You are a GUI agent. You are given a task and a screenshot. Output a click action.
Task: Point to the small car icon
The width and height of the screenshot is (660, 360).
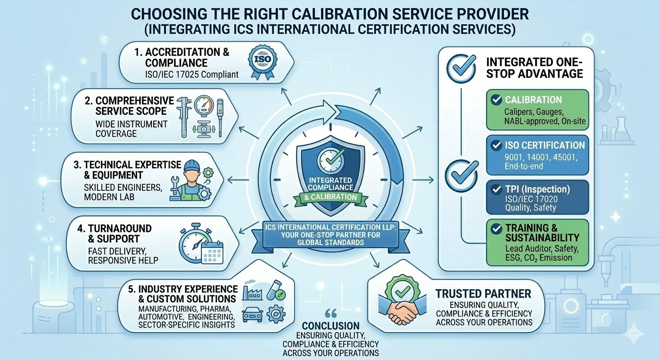254,315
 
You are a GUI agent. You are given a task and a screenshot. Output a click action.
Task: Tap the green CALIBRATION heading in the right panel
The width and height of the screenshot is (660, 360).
533,100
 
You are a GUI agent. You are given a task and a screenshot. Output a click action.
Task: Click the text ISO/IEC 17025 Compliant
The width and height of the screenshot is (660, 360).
192,74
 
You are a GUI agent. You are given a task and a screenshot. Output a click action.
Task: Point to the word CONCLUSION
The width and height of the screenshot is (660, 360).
330,326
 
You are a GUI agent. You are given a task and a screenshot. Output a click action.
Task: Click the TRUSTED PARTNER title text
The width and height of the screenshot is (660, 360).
483,294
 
